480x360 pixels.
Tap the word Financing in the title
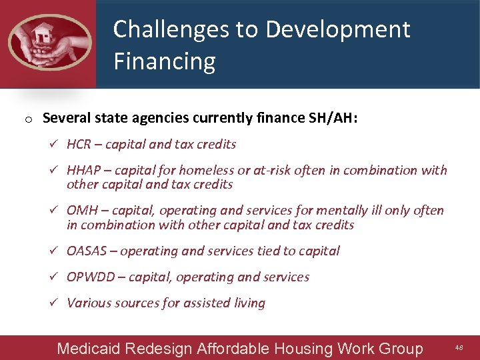164,61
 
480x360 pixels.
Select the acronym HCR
79,145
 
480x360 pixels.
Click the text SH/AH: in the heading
336,119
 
